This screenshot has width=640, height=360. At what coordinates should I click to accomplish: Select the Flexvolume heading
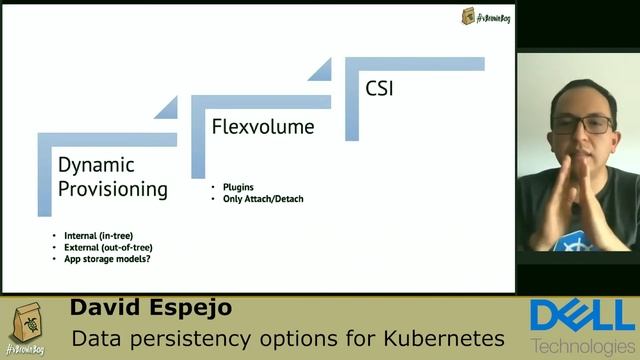pos(263,127)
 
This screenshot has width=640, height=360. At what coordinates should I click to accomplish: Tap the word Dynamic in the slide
pos(96,165)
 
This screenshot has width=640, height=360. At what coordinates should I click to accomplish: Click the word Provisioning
pos(113,188)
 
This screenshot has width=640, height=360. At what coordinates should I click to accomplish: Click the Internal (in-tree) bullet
pos(98,235)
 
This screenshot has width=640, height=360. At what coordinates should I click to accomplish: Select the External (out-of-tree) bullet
pos(108,247)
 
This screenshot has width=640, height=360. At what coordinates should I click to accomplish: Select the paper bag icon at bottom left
pos(25,326)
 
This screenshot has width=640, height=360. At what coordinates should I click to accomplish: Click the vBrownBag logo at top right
pos(486,16)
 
